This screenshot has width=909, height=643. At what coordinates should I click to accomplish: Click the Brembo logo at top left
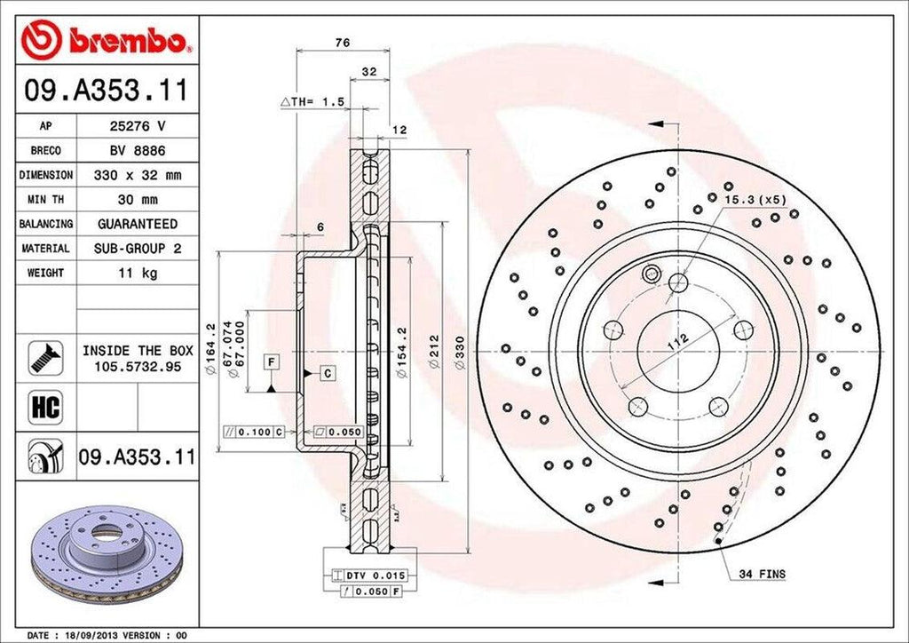(x=106, y=41)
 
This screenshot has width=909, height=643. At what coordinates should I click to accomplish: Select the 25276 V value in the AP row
(x=137, y=126)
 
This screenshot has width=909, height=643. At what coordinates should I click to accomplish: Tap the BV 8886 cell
(x=137, y=151)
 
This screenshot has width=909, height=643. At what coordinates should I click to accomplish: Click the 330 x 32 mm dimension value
(x=137, y=176)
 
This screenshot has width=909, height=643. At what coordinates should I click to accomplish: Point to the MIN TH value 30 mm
(x=137, y=200)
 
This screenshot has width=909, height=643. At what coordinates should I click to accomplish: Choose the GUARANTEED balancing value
(x=137, y=224)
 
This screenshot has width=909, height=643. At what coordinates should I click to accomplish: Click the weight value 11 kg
(x=137, y=273)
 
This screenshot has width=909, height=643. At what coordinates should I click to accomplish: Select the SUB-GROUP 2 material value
(x=137, y=249)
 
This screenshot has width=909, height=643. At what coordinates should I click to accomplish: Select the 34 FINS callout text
(x=762, y=575)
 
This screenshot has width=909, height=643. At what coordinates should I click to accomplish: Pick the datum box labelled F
(x=270, y=361)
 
